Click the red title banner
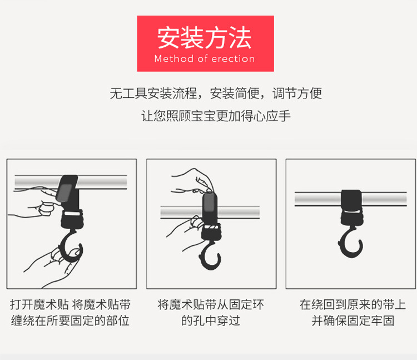pos(206,43)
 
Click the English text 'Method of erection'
pos(205,58)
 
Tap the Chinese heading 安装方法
pos(204,37)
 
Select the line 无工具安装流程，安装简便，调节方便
pos(216,93)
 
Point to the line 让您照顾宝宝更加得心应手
pos(216,116)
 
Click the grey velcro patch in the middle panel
pos(210,203)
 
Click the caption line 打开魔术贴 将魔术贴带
pos(70,305)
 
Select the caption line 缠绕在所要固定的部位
pos(70,320)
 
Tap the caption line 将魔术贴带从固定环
pos(211,305)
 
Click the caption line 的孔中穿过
pos(211,320)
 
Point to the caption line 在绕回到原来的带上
pos(353,305)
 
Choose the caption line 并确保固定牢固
pos(353,320)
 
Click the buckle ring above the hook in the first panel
pos(72,218)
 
